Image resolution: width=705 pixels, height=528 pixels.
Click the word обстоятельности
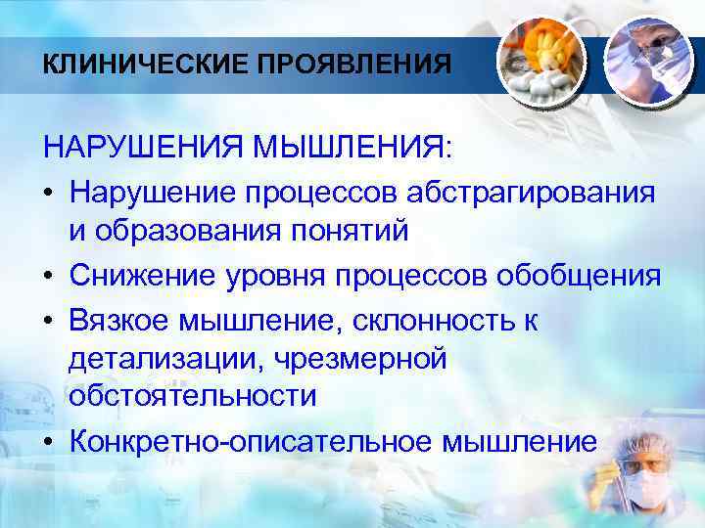(x=193, y=398)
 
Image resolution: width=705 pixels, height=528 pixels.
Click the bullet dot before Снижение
(x=49, y=276)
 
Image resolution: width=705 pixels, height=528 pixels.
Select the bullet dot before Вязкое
(x=49, y=318)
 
